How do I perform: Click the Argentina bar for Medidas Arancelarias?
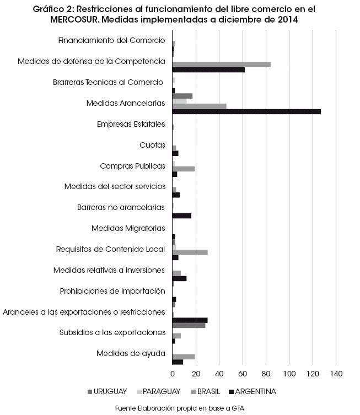click(x=246, y=111)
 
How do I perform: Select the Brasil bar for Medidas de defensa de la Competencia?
click(x=221, y=64)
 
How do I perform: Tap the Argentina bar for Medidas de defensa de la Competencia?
click(x=208, y=70)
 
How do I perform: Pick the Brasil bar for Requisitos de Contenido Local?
click(x=190, y=252)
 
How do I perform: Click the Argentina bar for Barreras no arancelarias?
click(x=181, y=216)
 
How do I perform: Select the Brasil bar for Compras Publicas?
click(x=184, y=169)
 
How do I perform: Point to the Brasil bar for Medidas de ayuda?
click(x=184, y=357)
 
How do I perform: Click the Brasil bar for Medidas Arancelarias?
click(x=200, y=106)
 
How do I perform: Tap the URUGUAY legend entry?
click(x=107, y=391)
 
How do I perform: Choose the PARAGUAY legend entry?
click(x=159, y=391)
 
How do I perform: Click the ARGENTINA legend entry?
click(x=252, y=391)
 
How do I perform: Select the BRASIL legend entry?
click(x=206, y=391)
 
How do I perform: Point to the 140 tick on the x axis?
click(x=336, y=374)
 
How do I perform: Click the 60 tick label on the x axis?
click(x=243, y=374)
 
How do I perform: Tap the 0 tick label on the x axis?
click(x=173, y=374)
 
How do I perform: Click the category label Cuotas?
click(x=152, y=145)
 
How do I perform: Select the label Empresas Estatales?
click(x=131, y=124)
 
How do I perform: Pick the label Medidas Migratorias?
click(x=128, y=228)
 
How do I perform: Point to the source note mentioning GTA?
click(x=180, y=408)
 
